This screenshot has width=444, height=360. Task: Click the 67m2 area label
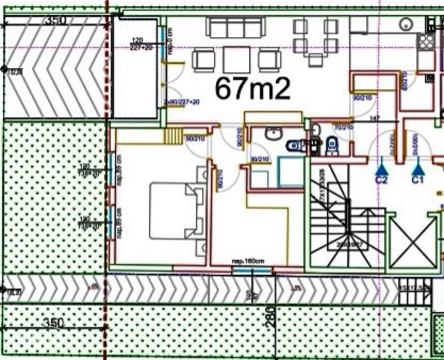click(252, 88)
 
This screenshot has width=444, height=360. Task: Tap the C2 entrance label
click(381, 180)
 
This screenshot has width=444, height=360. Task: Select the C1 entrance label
click(418, 180)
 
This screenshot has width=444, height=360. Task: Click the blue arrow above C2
click(381, 166)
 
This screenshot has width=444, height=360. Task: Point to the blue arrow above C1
click(418, 166)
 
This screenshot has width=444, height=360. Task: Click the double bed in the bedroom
click(173, 210)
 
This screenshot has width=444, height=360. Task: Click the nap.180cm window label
click(248, 262)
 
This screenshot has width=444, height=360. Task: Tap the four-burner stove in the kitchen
click(426, 41)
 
